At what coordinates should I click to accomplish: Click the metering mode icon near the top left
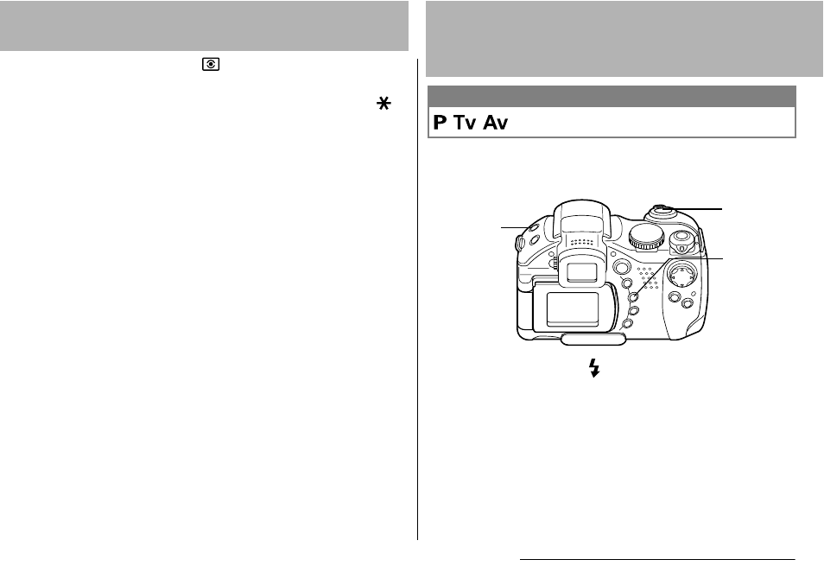pos(211,64)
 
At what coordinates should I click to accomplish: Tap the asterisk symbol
pos(383,104)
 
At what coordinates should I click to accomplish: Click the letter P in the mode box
pos(440,123)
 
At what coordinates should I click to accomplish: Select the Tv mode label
pos(465,123)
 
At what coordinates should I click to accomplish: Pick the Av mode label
pos(496,123)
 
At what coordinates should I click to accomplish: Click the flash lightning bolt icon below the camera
pos(594,368)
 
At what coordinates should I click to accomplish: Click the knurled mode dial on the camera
pos(646,238)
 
